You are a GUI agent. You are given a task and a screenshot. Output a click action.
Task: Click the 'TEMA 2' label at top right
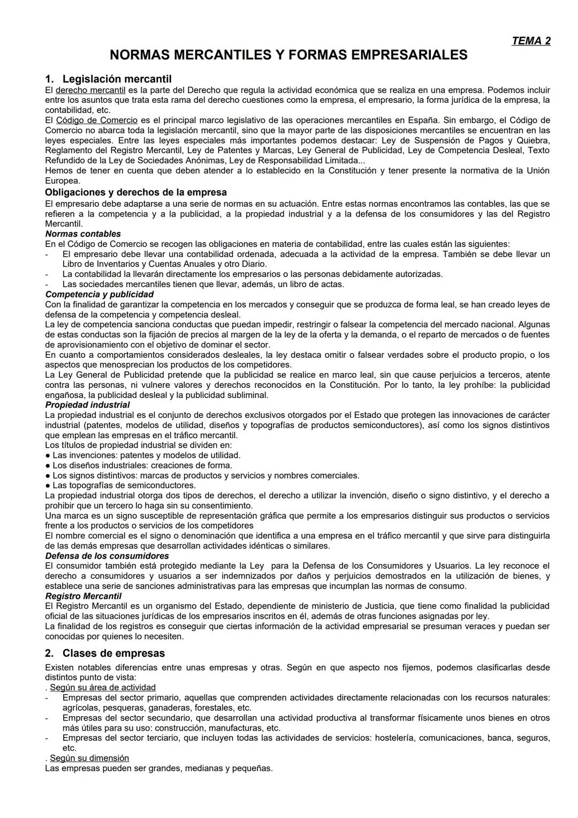[530, 41]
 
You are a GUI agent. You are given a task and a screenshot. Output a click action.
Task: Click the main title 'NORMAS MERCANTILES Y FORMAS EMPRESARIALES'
[288, 55]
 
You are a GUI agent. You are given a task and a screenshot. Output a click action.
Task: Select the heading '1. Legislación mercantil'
[108, 79]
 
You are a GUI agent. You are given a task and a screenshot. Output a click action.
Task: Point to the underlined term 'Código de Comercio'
[97, 120]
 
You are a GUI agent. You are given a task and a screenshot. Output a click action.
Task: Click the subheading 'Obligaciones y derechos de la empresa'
[136, 192]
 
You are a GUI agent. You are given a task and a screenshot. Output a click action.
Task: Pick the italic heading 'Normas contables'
[83, 234]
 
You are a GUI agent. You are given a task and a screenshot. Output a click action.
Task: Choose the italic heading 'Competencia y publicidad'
[100, 294]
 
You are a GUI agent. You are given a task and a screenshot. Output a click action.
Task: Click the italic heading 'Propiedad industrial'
[87, 405]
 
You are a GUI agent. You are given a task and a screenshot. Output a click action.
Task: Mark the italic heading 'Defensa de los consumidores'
[107, 556]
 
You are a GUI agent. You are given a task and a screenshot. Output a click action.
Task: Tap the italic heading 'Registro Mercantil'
[83, 596]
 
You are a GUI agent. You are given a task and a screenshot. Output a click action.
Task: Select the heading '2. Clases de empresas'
[105, 653]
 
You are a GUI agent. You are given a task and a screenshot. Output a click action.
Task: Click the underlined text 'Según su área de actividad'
[103, 687]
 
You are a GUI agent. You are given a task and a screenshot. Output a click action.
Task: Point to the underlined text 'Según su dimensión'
[89, 758]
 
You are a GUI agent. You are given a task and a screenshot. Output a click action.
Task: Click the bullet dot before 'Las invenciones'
[48, 455]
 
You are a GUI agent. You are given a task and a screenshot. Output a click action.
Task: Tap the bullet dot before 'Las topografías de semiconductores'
[48, 485]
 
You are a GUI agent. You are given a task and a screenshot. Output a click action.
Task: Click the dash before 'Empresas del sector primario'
[47, 698]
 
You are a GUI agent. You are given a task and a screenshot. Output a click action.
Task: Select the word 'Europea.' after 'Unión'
[63, 181]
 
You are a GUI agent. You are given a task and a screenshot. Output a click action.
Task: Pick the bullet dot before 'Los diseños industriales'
[48, 466]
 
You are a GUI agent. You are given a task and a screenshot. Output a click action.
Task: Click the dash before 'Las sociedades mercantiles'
[47, 284]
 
